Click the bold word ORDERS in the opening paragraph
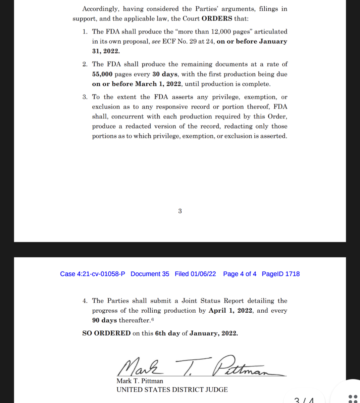tap(217, 18)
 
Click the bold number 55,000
tap(102, 74)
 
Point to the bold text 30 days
tap(165, 74)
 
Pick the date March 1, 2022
tap(158, 84)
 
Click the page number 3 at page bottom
tap(180, 211)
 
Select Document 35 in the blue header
tap(150, 274)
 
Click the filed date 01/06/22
tap(203, 274)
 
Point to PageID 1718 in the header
tap(280, 274)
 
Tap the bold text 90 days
tap(104, 320)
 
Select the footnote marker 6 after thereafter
tap(153, 319)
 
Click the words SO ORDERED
tap(106, 333)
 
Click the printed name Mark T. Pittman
tap(140, 381)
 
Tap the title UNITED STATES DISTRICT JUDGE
tap(172, 390)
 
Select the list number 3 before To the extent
tap(85, 97)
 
